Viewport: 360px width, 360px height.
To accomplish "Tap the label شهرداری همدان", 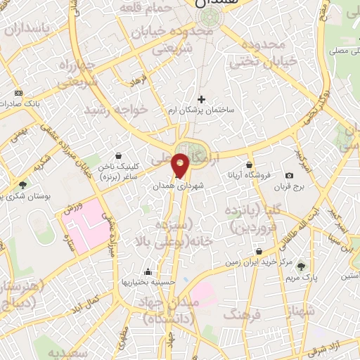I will click(179, 188).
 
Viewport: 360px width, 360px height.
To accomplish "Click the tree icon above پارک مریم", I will click(301, 266).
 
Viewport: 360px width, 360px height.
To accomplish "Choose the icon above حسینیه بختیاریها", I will click(148, 271).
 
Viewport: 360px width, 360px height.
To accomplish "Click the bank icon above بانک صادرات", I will click(18, 93).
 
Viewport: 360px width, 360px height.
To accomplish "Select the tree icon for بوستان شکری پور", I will click(23, 185).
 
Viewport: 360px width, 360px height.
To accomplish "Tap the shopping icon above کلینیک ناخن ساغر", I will click(117, 155).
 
